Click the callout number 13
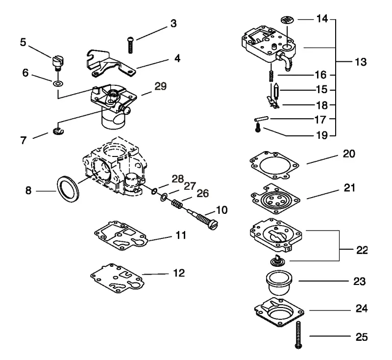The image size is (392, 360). [x=361, y=62]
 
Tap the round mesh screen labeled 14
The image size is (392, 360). [x=287, y=20]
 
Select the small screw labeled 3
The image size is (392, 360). [x=130, y=45]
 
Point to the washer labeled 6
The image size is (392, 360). [x=58, y=83]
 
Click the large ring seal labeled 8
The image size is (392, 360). [x=68, y=189]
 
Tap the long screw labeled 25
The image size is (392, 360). [x=298, y=334]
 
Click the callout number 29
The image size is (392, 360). [x=161, y=86]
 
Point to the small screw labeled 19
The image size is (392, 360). [x=258, y=129]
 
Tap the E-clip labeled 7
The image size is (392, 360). [x=58, y=131]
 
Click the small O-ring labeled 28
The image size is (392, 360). [x=154, y=192]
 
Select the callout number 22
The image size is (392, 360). [x=362, y=250]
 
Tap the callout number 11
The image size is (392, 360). [x=181, y=235]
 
